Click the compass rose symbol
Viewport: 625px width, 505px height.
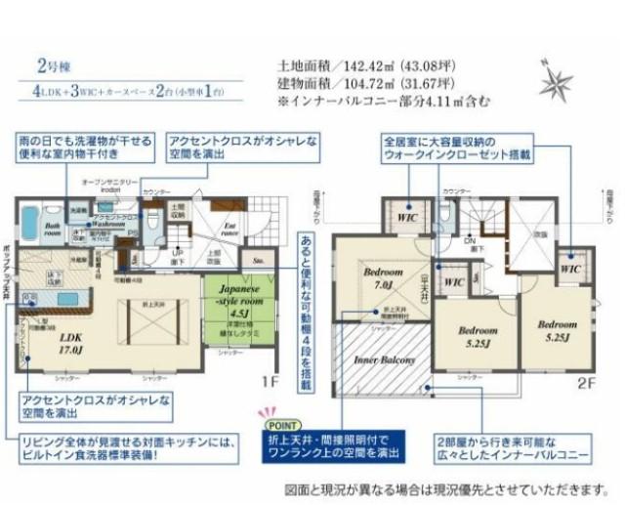click(x=557, y=77)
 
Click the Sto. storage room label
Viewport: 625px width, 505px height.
click(x=259, y=262)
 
